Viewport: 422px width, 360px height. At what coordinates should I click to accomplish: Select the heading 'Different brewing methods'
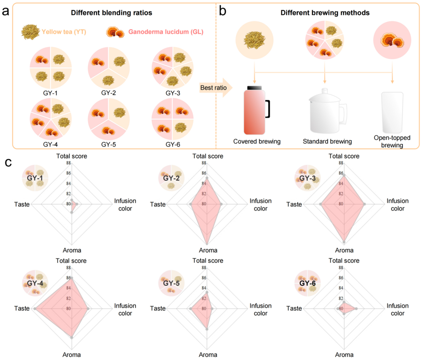click(x=325, y=13)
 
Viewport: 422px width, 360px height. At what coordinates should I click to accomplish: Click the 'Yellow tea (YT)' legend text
click(x=64, y=32)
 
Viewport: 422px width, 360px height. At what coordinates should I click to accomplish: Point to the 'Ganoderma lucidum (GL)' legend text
click(x=166, y=32)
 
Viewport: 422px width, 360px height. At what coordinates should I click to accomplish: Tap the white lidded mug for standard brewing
click(x=328, y=111)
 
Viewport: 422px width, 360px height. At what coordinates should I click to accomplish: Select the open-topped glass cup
click(x=392, y=113)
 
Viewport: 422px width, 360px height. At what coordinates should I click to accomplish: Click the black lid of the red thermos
click(x=254, y=88)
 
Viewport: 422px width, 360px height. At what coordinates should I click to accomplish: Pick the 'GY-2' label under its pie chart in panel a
click(x=108, y=93)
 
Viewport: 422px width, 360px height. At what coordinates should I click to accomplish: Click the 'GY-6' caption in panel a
click(x=173, y=144)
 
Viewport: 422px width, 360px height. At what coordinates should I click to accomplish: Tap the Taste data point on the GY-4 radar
click(x=35, y=309)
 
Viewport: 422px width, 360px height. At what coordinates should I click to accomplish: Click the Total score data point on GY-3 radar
click(x=344, y=175)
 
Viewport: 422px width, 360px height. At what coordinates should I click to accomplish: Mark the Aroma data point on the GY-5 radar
click(x=207, y=329)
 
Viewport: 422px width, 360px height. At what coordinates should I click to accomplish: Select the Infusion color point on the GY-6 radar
click(x=356, y=309)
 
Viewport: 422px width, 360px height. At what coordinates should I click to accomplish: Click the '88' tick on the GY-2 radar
click(x=204, y=163)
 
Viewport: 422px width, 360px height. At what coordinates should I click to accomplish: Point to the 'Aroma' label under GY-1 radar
click(x=72, y=250)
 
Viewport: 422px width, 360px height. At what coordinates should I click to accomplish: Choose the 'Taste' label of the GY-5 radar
click(x=158, y=308)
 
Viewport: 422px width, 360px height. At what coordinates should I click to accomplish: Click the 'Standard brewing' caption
click(x=327, y=141)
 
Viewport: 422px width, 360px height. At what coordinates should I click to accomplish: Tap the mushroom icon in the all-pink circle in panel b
click(x=392, y=41)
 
